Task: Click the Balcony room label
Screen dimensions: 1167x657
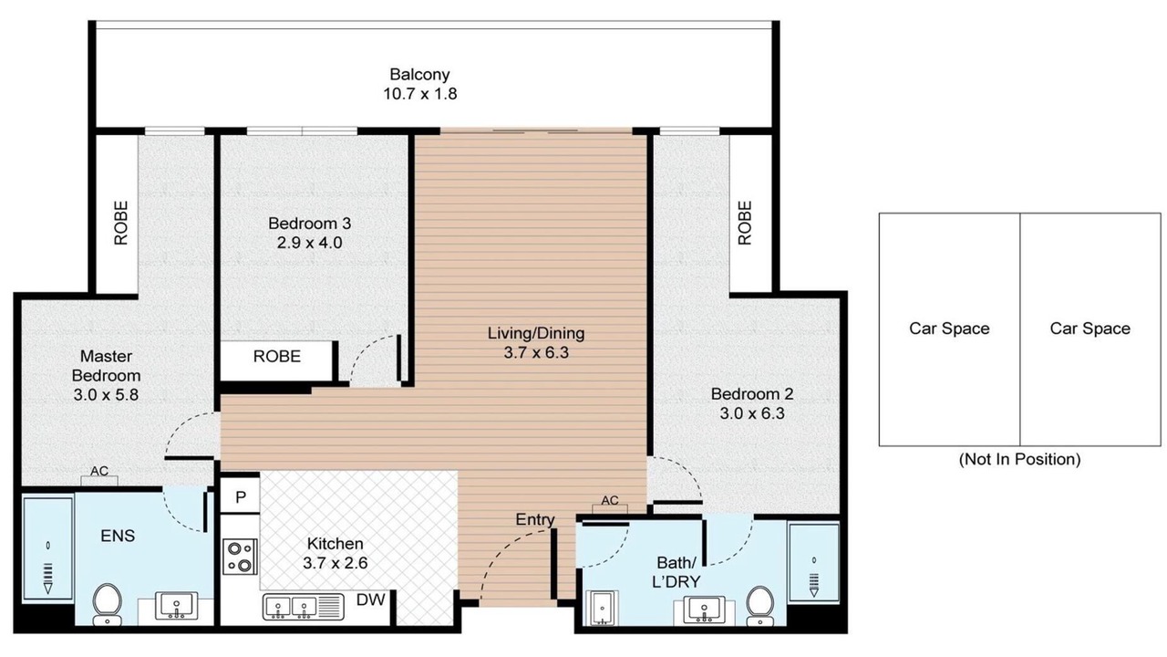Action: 419,75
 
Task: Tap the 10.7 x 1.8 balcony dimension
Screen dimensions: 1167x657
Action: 420,94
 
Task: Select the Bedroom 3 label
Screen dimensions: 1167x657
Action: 309,224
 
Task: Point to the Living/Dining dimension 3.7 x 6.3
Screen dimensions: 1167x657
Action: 536,353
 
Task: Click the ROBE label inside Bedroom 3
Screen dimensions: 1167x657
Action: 276,357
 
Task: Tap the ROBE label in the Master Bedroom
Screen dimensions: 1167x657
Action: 120,223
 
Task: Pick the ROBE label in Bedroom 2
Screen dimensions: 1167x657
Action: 745,223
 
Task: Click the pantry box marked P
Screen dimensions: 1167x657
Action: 240,497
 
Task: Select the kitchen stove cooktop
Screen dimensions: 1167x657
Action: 240,557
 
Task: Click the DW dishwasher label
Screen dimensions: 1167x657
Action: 370,600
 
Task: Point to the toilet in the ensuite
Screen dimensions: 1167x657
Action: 107,604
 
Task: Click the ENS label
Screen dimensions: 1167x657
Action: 118,536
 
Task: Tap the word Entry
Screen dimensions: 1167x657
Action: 535,520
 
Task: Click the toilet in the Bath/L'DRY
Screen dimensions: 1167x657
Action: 759,606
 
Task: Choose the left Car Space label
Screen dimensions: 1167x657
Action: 949,328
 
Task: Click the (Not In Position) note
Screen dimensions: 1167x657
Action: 1019,459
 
